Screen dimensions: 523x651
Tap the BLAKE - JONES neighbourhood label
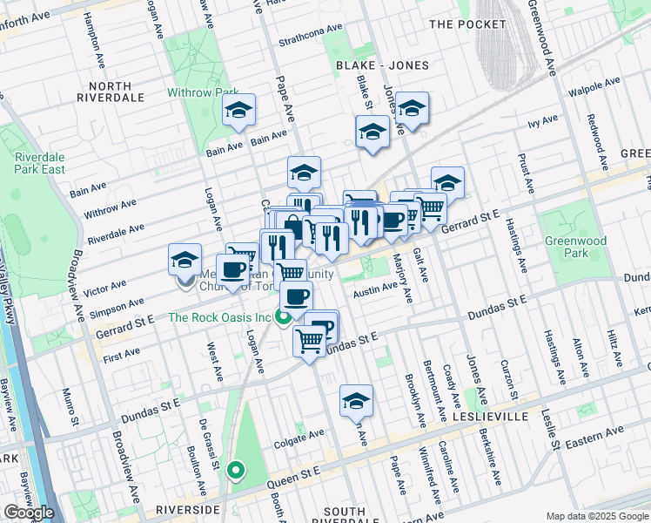[x=382, y=65]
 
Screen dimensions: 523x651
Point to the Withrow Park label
[x=203, y=92]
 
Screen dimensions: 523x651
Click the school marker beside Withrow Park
[x=238, y=112]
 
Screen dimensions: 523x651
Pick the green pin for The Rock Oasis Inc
[x=284, y=318]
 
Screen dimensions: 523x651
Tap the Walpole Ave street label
[x=592, y=89]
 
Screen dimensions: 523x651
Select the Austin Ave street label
[x=375, y=292]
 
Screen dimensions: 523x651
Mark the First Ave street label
[x=121, y=353]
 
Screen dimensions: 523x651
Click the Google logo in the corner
[x=29, y=513]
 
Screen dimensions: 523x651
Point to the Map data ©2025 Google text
[x=596, y=516]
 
